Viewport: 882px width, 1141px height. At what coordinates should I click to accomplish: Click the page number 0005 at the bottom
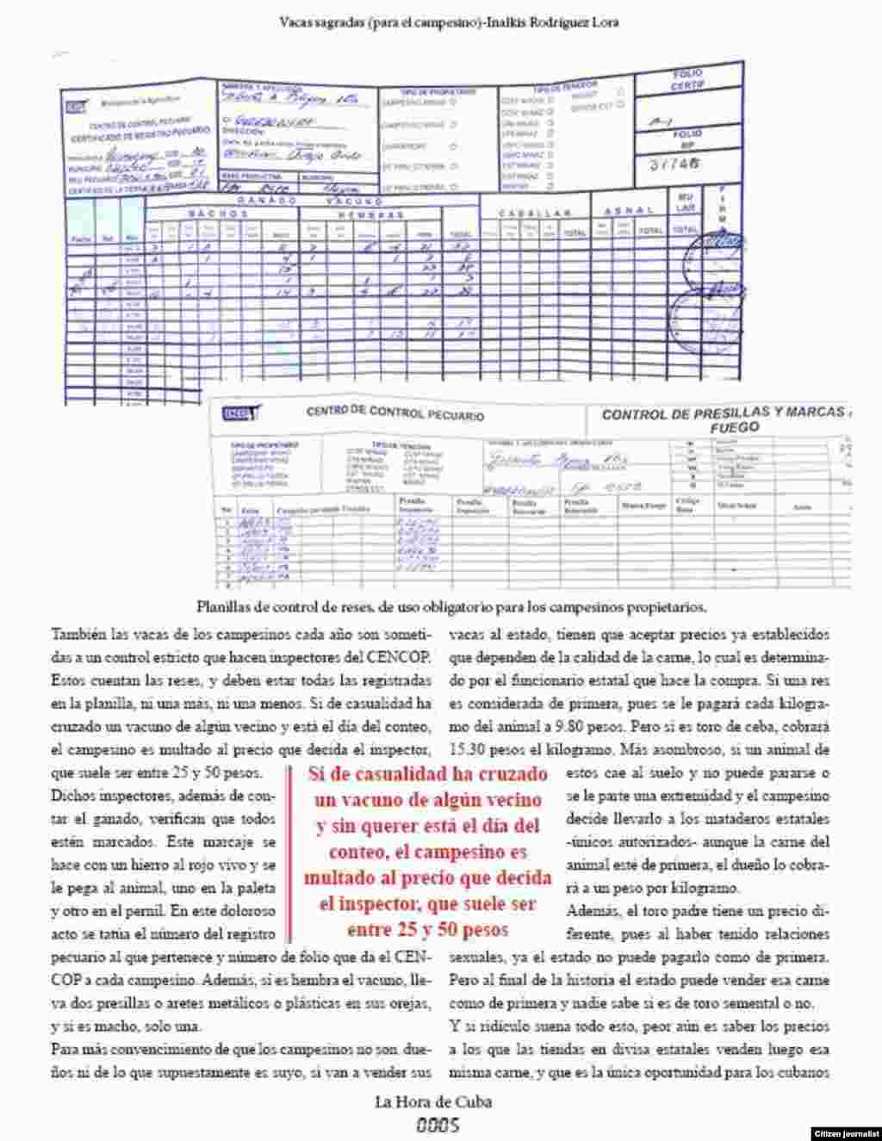click(438, 1124)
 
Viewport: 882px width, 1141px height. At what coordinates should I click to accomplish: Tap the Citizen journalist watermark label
click(846, 1132)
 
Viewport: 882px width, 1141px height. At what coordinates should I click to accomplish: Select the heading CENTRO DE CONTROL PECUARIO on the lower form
click(394, 413)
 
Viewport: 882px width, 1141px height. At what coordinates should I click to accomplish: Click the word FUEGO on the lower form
click(734, 428)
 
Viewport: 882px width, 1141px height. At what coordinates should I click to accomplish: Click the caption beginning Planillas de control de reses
click(450, 606)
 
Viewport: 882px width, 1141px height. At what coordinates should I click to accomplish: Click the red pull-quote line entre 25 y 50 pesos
click(427, 930)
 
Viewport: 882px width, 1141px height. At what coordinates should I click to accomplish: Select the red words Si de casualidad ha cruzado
click(427, 774)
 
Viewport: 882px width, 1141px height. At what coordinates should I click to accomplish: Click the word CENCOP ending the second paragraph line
click(404, 657)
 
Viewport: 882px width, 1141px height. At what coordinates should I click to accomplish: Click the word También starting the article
click(76, 635)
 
